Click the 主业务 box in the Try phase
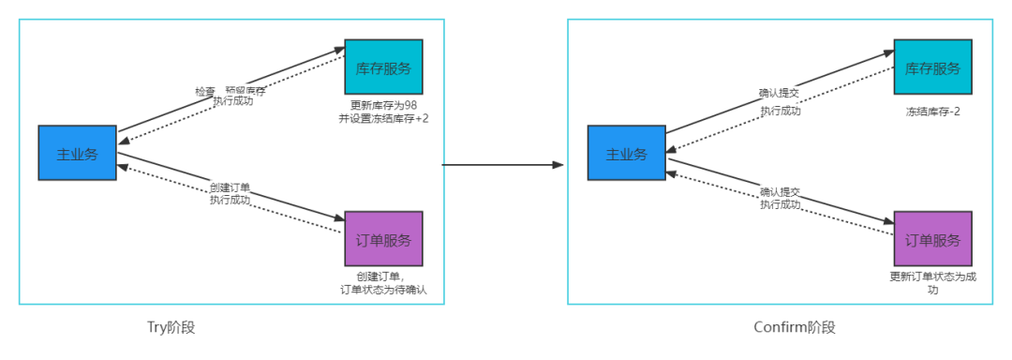point(77,153)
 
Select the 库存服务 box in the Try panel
point(383,67)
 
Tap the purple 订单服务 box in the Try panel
point(383,239)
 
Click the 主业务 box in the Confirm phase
point(626,153)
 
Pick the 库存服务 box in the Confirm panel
point(932,67)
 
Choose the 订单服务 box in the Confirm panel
point(932,239)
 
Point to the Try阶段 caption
point(171,327)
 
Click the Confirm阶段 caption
point(794,327)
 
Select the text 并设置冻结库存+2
point(383,118)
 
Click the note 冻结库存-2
point(932,112)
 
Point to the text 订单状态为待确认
point(383,290)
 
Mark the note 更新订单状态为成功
point(932,283)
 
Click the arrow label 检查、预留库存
point(230,91)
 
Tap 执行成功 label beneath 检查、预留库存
point(232,101)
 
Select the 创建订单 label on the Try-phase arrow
point(230,188)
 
